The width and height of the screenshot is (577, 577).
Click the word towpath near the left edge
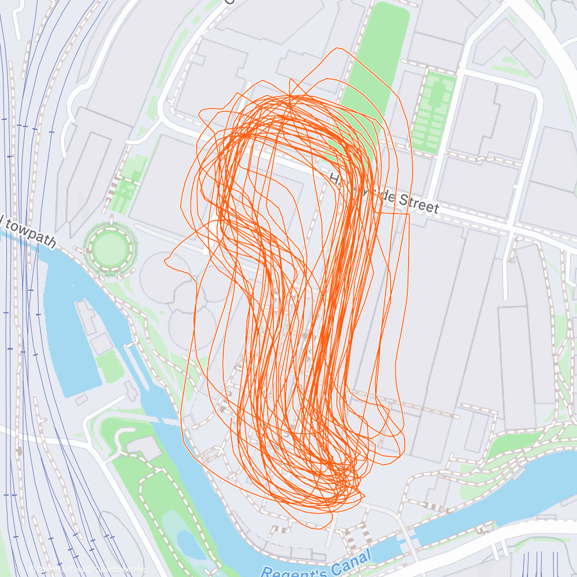[32, 232]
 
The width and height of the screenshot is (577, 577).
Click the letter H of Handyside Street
[334, 180]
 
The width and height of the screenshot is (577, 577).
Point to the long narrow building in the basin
[87, 317]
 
